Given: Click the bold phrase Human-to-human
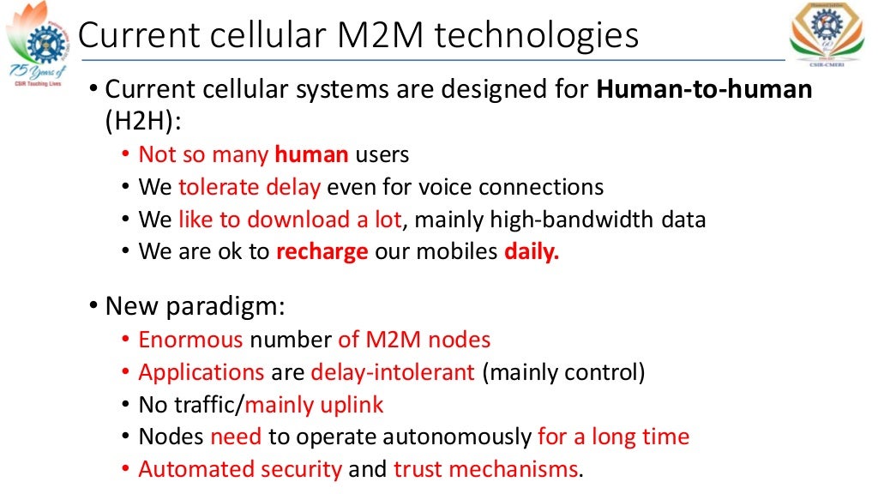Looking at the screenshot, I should (x=704, y=89).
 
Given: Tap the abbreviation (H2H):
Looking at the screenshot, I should (x=143, y=121).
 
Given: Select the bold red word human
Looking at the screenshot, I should (x=311, y=154).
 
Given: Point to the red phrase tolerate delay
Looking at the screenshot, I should (x=250, y=187).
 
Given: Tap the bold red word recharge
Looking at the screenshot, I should (x=322, y=252).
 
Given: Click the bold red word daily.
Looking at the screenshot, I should (x=532, y=252).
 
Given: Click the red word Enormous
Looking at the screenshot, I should (x=190, y=340).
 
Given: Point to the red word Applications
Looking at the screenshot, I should (x=201, y=372).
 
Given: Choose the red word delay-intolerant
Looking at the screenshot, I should (x=393, y=372).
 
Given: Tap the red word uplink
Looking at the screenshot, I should (x=352, y=405).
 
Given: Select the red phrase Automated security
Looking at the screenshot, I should (x=240, y=469).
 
